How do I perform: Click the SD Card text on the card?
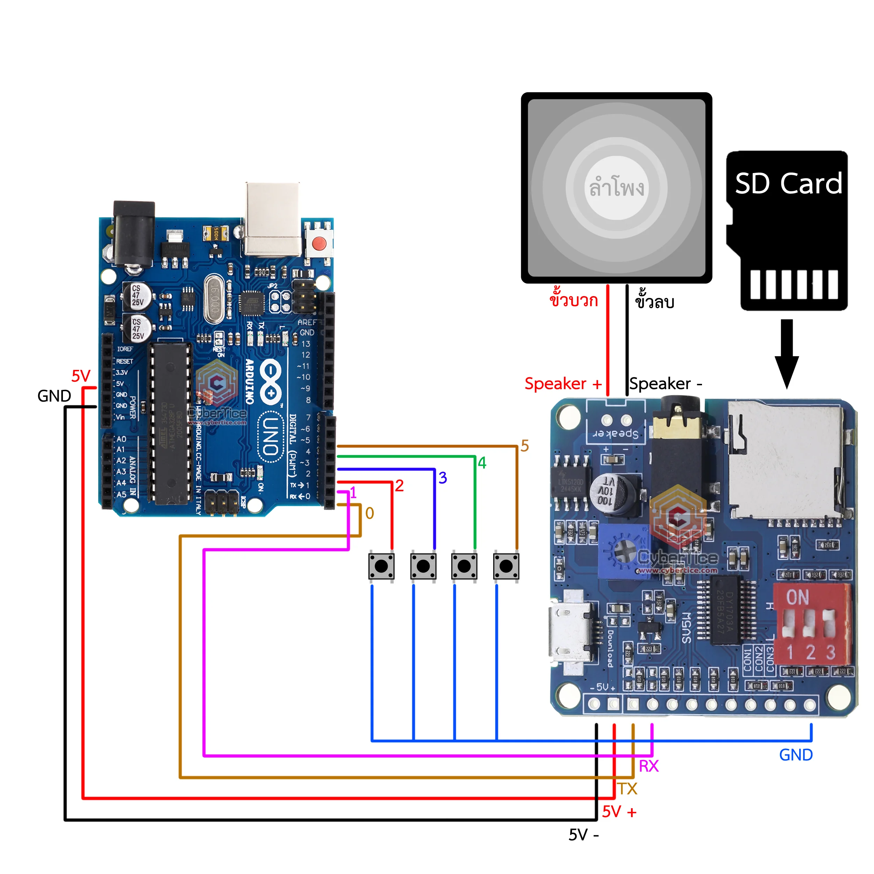pyautogui.click(x=788, y=183)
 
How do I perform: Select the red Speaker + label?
pyautogui.click(x=563, y=384)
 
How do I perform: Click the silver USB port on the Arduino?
pyautogui.click(x=272, y=220)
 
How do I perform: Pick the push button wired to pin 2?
pyautogui.click(x=381, y=566)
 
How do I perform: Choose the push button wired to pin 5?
pyautogui.click(x=506, y=566)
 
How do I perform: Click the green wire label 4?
pyautogui.click(x=482, y=463)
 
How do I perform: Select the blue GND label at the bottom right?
pyautogui.click(x=796, y=754)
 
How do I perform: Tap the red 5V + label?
pyautogui.click(x=619, y=811)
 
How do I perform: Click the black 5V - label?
pyautogui.click(x=583, y=834)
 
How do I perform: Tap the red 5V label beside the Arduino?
pyautogui.click(x=81, y=376)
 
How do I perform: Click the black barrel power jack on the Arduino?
pyautogui.click(x=134, y=234)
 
